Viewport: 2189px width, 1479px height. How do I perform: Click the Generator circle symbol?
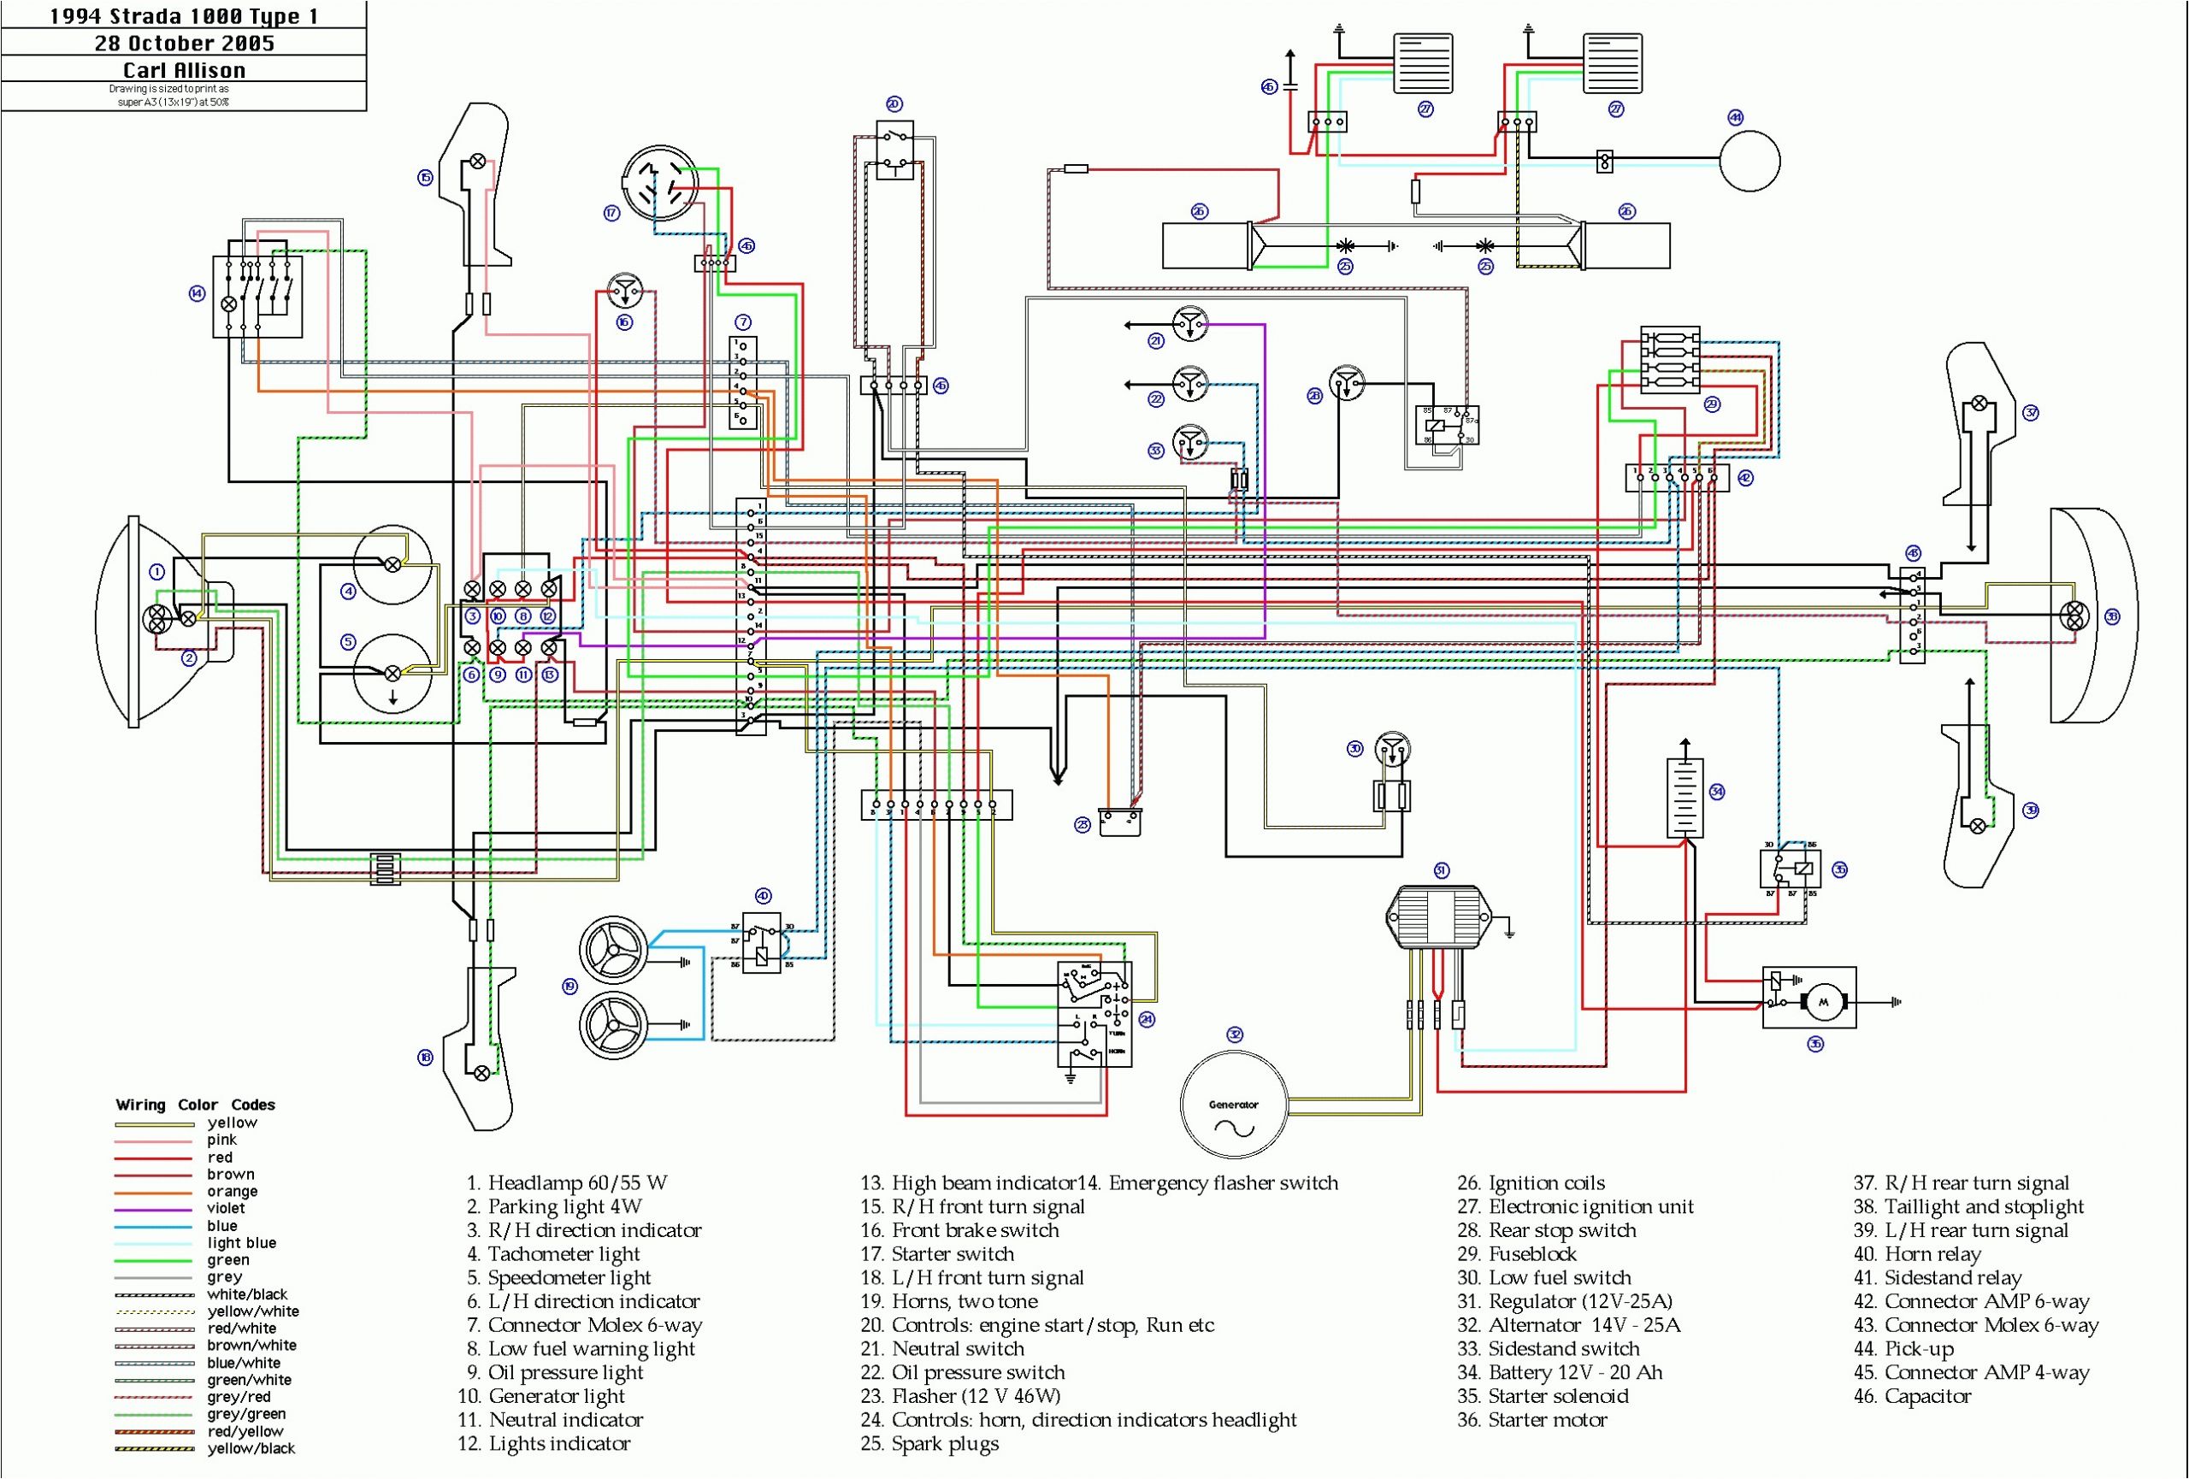pyautogui.click(x=1233, y=1104)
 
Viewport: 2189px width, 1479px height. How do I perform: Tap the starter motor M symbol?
pyautogui.click(x=1821, y=1002)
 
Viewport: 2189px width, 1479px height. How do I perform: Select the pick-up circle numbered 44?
pyautogui.click(x=1749, y=161)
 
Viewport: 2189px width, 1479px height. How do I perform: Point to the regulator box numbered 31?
pyautogui.click(x=1439, y=915)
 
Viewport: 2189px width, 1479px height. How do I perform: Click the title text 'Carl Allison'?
pyautogui.click(x=185, y=69)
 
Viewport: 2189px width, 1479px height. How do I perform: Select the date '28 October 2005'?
pyautogui.click(x=185, y=44)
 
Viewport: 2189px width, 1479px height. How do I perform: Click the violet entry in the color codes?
pyautogui.click(x=226, y=1208)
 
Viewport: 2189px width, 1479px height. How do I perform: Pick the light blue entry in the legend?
pyautogui.click(x=242, y=1243)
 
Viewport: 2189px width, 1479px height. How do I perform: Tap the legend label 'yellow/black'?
pyautogui.click(x=251, y=1448)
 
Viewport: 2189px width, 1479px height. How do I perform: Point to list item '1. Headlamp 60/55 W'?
pyautogui.click(x=567, y=1183)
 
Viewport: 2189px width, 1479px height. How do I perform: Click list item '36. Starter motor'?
pyautogui.click(x=1531, y=1420)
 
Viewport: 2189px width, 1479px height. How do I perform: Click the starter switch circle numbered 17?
pyautogui.click(x=658, y=183)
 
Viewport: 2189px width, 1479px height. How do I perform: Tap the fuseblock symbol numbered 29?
pyautogui.click(x=1669, y=360)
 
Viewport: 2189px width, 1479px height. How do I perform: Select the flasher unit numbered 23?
pyautogui.click(x=1120, y=822)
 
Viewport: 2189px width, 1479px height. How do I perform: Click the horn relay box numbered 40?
pyautogui.click(x=761, y=941)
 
